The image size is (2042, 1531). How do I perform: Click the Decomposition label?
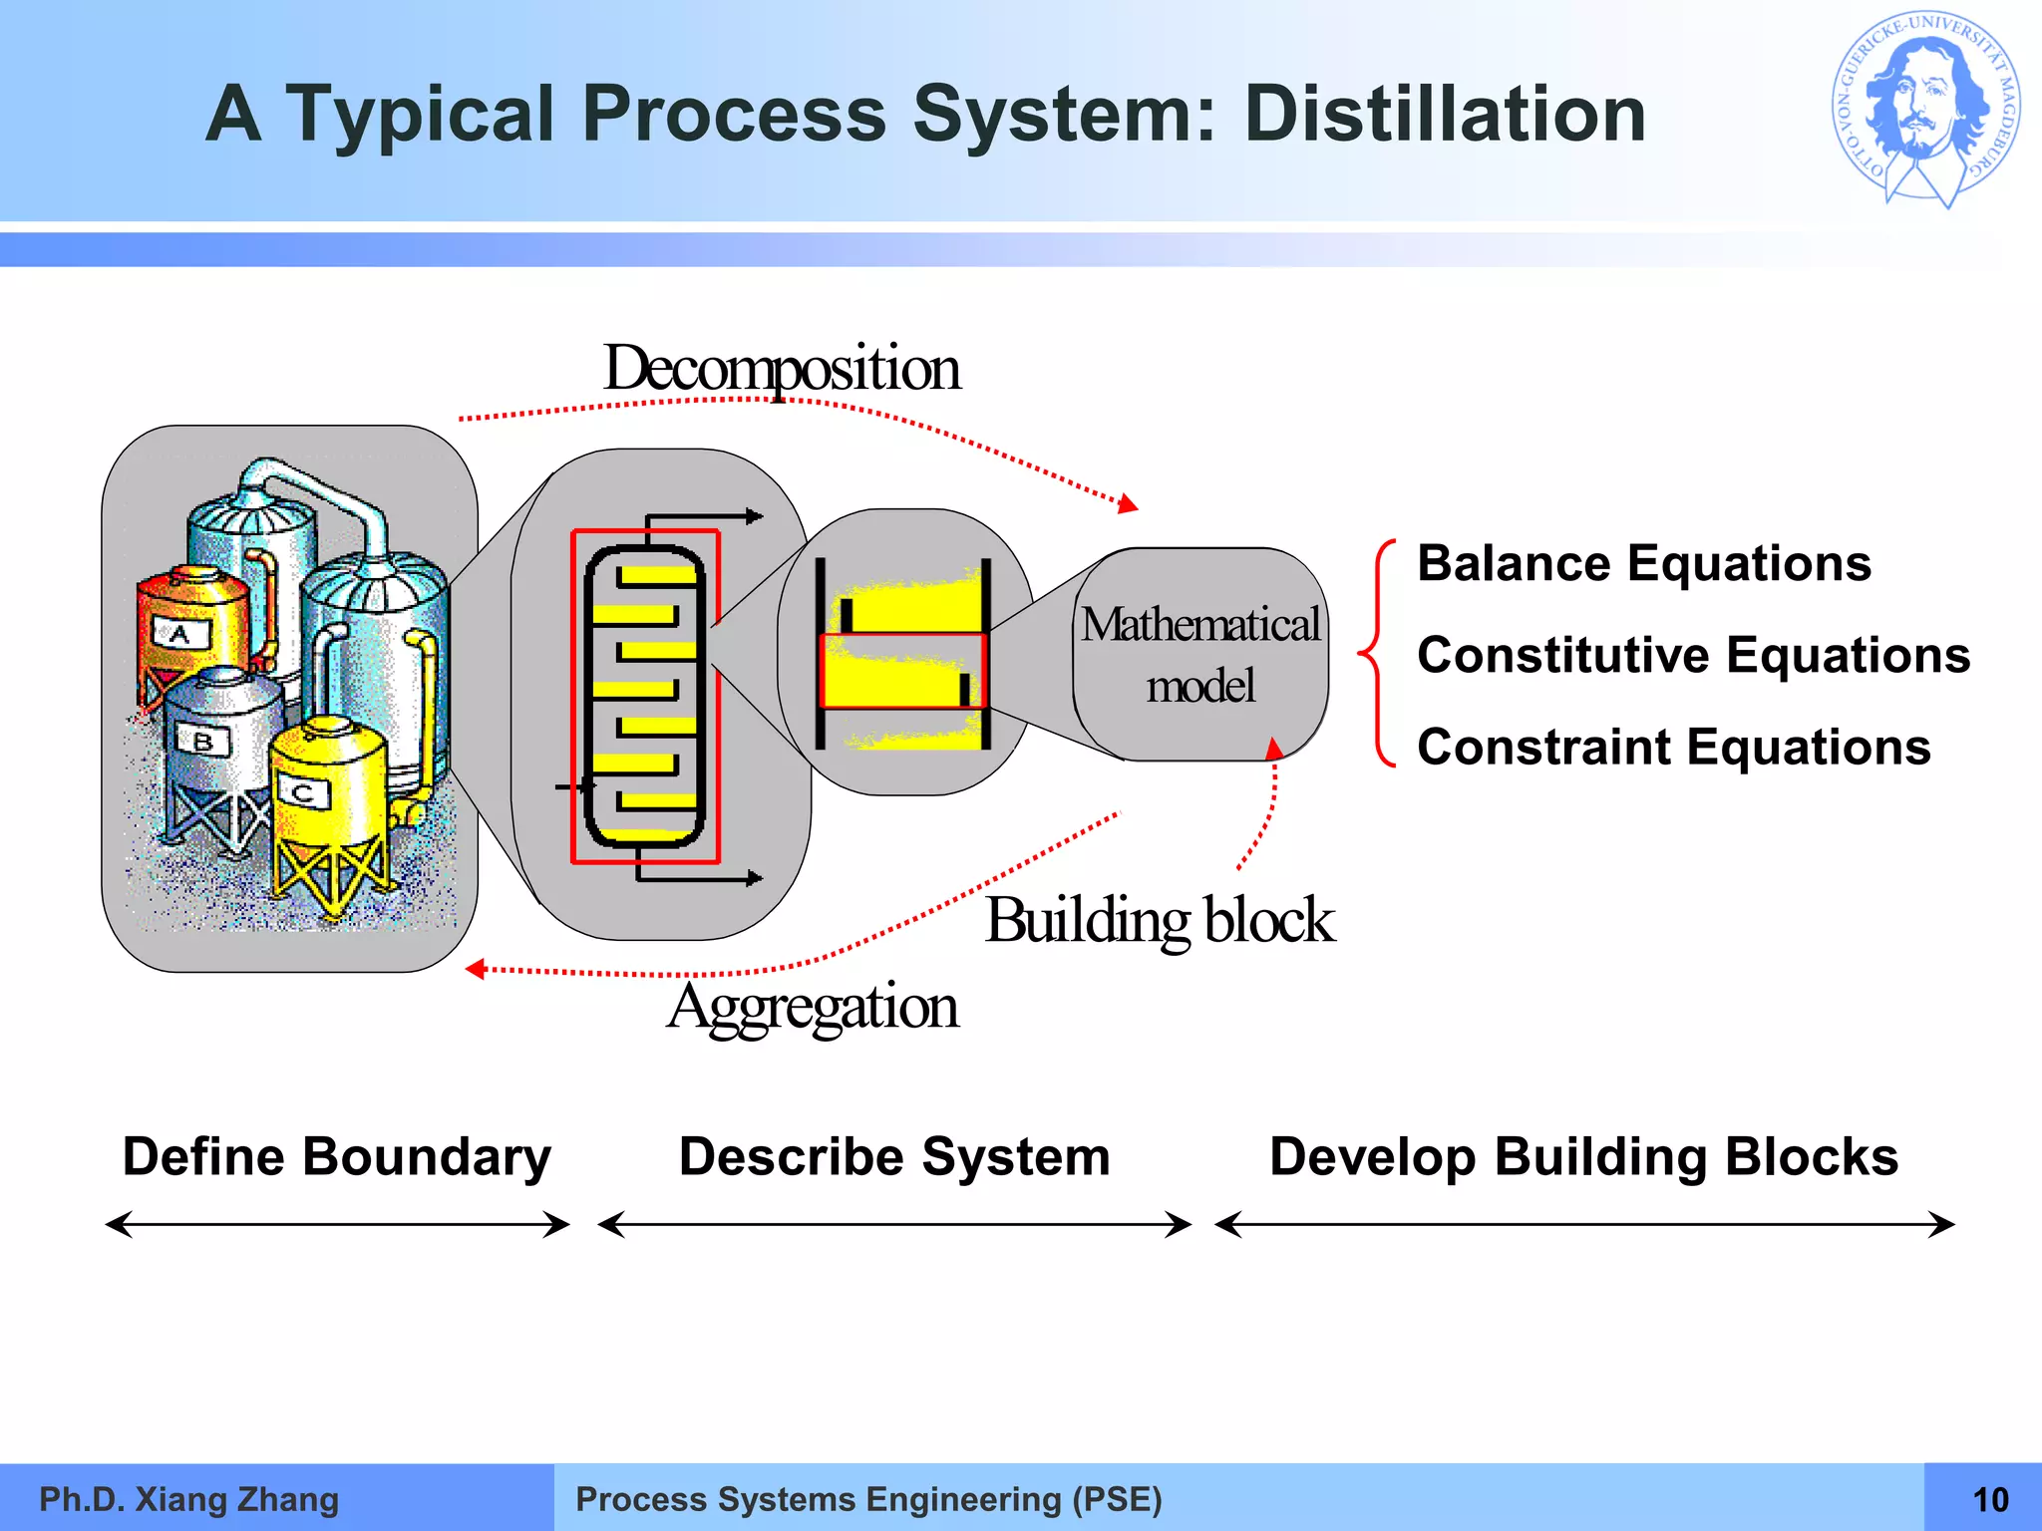[781, 369]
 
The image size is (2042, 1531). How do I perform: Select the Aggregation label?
[813, 1007]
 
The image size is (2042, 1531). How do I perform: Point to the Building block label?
[1159, 920]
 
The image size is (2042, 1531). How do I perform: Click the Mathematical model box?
[1200, 655]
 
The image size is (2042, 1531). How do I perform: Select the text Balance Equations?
[1643, 564]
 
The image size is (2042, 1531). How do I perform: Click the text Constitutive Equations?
[1693, 656]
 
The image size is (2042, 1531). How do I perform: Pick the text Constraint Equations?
[1673, 748]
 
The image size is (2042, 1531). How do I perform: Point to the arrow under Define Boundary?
[337, 1224]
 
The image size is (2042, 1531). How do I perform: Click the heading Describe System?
[893, 1157]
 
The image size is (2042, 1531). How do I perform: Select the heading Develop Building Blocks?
[1582, 1157]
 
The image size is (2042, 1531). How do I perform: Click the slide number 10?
[1989, 1499]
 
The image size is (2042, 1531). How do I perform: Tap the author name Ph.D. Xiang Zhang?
[188, 1499]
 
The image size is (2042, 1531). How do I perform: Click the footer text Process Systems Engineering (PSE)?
[868, 1499]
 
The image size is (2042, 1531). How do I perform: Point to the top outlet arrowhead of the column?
[755, 516]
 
